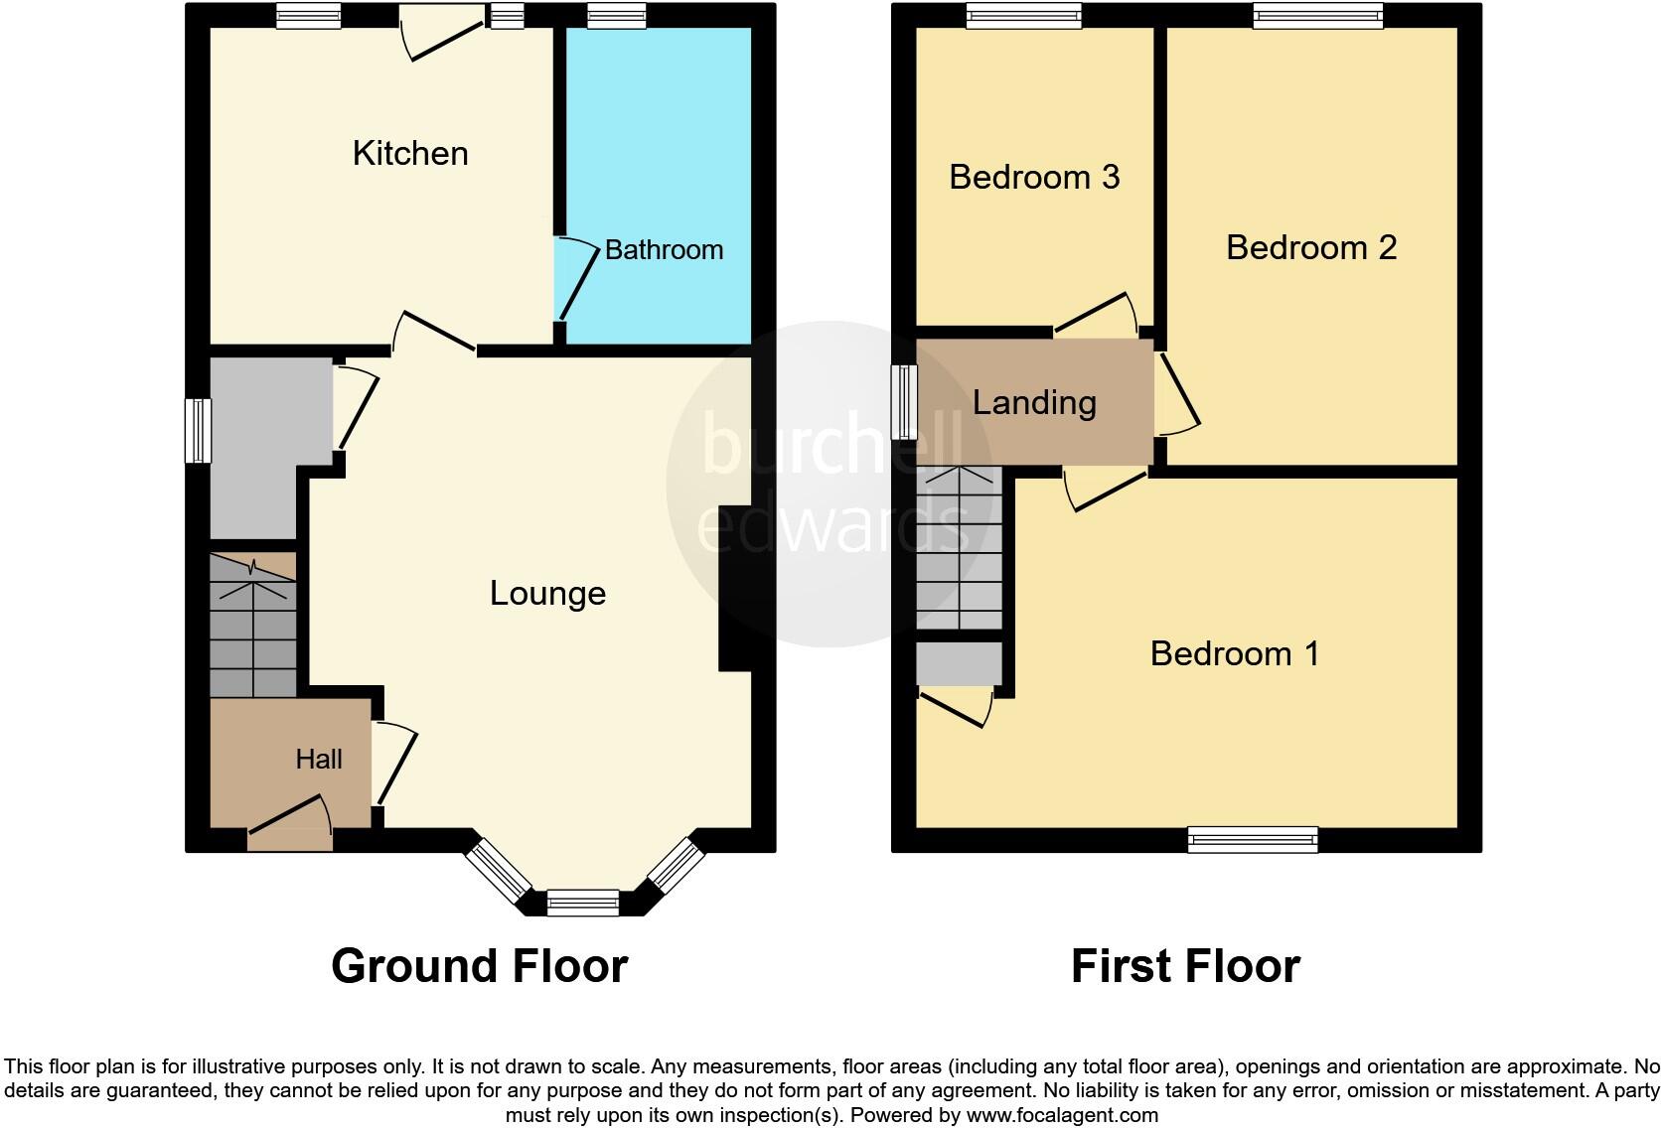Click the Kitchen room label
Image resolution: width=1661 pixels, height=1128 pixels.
[410, 153]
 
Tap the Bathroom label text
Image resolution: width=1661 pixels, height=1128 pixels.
[664, 249]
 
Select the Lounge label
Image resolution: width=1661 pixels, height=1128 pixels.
[547, 593]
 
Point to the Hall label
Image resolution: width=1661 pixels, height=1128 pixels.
[319, 759]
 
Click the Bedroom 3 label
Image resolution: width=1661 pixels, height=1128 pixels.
[1034, 177]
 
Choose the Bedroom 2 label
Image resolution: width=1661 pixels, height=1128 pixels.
[1311, 247]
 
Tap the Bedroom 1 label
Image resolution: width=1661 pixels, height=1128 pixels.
[1235, 653]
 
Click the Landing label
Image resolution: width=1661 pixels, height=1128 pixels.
[1034, 402]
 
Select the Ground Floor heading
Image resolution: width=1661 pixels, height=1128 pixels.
[479, 965]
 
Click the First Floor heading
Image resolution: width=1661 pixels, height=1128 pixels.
[1185, 965]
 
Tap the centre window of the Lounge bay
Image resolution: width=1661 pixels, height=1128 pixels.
[583, 904]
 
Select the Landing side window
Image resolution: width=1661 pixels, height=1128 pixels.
[905, 401]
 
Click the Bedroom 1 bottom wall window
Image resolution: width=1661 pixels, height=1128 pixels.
[1253, 840]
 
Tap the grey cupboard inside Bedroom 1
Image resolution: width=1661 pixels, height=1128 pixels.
[959, 663]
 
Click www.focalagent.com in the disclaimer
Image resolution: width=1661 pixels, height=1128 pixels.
[1062, 1115]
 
